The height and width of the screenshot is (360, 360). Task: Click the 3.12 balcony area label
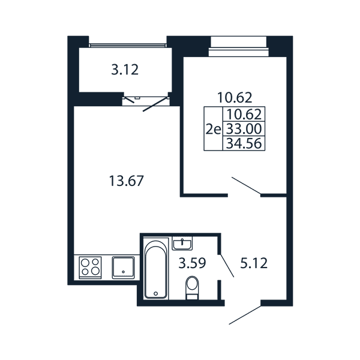click(125, 70)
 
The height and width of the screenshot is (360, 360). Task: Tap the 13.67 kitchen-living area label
click(126, 181)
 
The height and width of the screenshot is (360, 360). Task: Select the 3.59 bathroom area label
click(192, 263)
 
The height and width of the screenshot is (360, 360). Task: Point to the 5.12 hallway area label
click(254, 263)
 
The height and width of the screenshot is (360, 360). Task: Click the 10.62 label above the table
click(235, 98)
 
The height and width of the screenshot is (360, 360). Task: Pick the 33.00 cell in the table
click(244, 128)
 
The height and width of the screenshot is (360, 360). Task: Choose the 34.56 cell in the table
click(244, 143)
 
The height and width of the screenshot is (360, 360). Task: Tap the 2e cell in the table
click(213, 130)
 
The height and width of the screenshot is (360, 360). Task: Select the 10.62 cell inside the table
click(244, 115)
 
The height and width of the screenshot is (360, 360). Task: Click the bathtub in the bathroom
click(156, 268)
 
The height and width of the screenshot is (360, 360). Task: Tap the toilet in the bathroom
click(192, 287)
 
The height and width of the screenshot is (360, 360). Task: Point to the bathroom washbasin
click(182, 244)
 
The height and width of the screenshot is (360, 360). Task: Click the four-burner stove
click(90, 268)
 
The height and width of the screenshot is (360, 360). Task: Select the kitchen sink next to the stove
click(123, 268)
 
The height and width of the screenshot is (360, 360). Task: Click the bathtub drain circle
click(156, 293)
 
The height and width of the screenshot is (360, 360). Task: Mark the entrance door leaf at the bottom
click(245, 315)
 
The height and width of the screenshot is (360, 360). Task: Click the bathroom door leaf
click(227, 265)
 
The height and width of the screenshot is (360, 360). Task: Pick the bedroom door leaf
click(246, 185)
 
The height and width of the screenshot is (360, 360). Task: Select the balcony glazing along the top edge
click(128, 46)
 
